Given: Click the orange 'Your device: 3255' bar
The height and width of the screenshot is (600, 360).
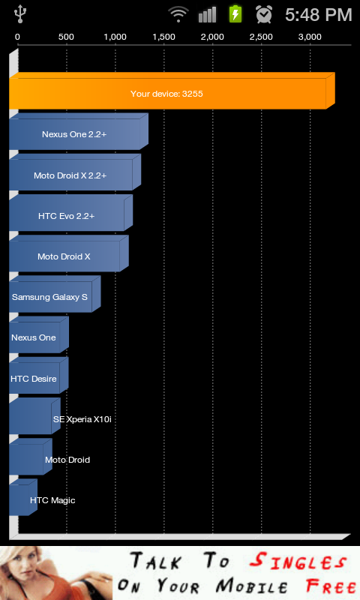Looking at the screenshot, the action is pos(172,91).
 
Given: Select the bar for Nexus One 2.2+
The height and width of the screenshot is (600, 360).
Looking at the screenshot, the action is pos(79,131).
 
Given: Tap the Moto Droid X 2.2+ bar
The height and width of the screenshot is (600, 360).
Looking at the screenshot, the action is pos(75,172).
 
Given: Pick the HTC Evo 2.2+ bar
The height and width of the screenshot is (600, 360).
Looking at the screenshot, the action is pos(70,213).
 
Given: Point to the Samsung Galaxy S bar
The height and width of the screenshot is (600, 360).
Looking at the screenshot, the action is pos(55,294).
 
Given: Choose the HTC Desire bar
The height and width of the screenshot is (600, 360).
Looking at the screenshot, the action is pos(39,376).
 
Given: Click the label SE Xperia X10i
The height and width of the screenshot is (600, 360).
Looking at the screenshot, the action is pos(82,419).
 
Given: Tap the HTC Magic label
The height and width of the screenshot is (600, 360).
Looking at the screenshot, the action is pos(52,500).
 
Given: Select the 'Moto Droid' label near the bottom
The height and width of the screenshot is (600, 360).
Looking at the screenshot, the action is pos(67,460).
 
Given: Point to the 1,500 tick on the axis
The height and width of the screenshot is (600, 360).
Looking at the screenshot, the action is pos(163,37).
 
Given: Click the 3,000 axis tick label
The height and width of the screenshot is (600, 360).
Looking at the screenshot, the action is pos(310,37).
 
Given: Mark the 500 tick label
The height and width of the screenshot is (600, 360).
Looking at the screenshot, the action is pos(66,37).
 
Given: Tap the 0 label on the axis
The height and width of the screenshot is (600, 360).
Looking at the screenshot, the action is pos(17,37).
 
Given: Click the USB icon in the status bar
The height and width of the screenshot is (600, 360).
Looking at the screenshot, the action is pos(20,14).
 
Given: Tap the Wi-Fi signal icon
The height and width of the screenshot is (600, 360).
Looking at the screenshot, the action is pos(178,14).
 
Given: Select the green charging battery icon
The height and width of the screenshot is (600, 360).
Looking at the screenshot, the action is pos(235,14).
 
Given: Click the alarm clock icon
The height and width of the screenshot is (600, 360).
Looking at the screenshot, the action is pos(264,14).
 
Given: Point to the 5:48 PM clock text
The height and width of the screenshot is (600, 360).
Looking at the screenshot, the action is pos(318,15).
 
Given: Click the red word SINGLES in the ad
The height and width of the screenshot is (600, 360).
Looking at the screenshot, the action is pos(298,562).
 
